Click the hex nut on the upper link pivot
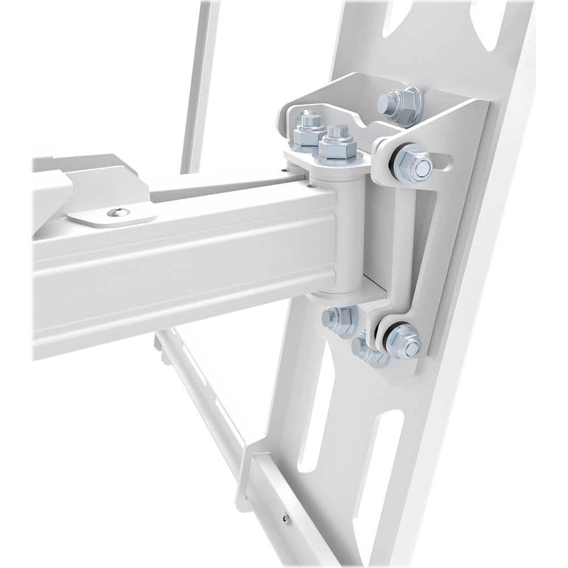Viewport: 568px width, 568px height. (412, 162)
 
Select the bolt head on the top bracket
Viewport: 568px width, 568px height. (399, 106)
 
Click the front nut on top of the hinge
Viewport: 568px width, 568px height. (337, 147)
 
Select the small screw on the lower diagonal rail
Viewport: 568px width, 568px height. (287, 518)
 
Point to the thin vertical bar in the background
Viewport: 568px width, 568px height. (200, 85)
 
